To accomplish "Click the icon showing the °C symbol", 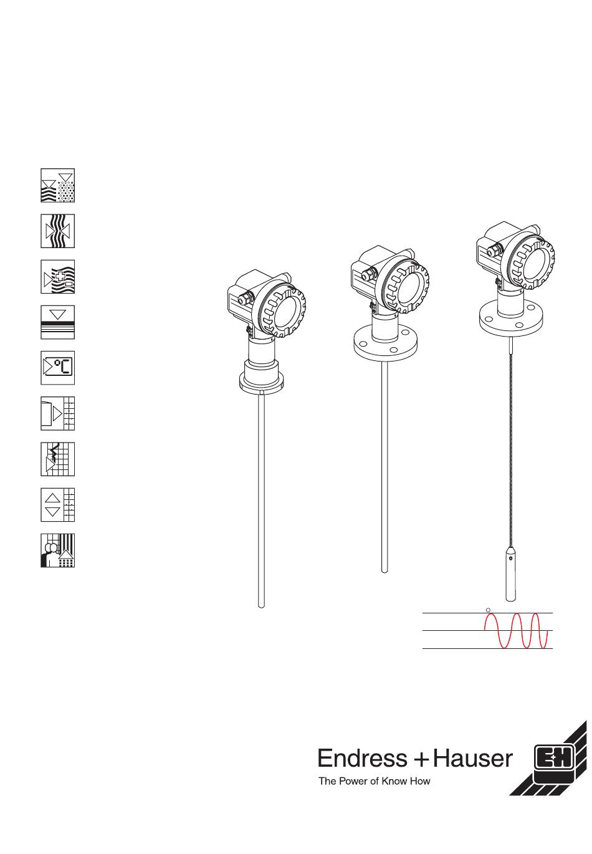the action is click(x=57, y=368).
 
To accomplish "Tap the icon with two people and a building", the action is click(x=57, y=550).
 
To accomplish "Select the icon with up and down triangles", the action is click(x=57, y=504).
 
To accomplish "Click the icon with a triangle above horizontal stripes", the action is click(x=57, y=322).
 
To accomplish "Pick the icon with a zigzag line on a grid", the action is click(x=57, y=459).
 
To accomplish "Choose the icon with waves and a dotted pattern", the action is click(x=57, y=185).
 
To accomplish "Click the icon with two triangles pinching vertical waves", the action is click(x=57, y=231).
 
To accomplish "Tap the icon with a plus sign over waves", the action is click(x=57, y=277).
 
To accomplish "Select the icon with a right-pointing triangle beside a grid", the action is click(x=57, y=413).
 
